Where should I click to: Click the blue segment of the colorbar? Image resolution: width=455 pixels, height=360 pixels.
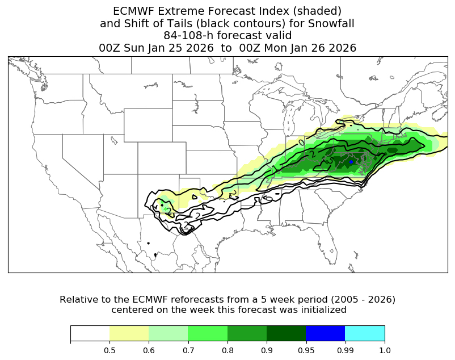pos(326,333)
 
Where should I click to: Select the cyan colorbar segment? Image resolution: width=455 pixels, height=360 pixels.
pos(365,333)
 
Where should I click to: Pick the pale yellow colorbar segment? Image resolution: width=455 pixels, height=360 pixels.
pos(129,333)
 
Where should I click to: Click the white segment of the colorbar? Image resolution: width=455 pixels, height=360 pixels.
pos(90,333)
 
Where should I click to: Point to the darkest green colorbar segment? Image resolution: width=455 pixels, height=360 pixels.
pos(287,333)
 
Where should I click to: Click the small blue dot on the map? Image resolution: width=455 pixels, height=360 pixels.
pos(351,162)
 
